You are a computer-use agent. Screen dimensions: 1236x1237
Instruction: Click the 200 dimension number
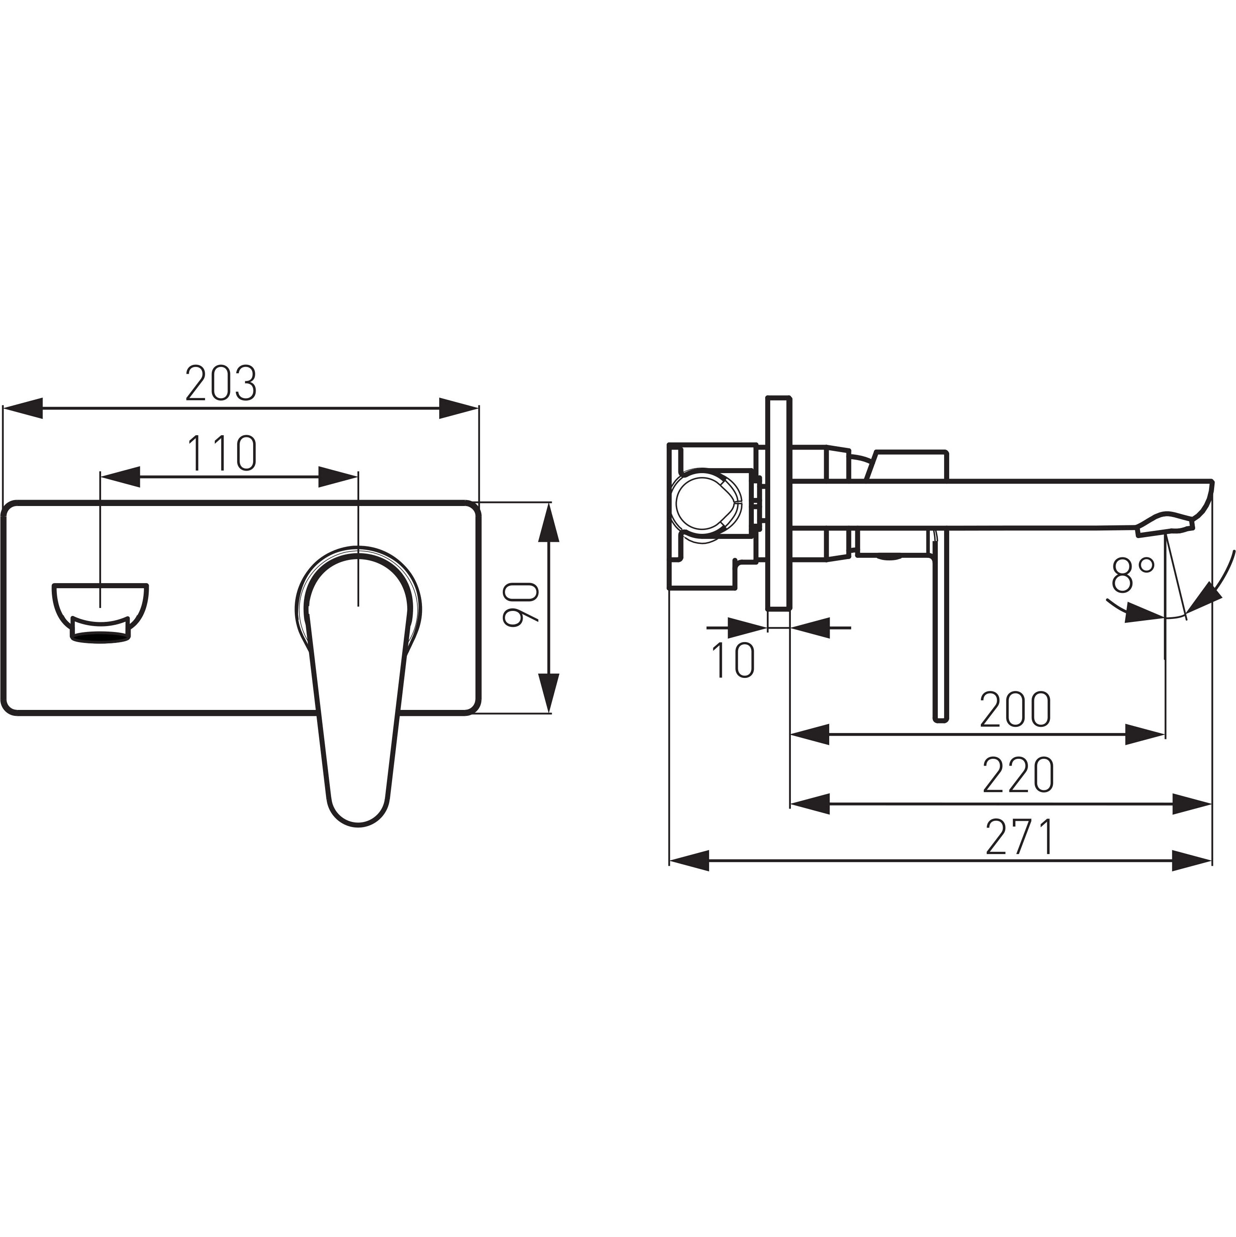[1016, 709]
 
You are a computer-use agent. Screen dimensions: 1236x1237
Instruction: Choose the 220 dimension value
[1018, 775]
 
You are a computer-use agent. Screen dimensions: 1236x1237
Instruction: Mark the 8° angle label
[1133, 574]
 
